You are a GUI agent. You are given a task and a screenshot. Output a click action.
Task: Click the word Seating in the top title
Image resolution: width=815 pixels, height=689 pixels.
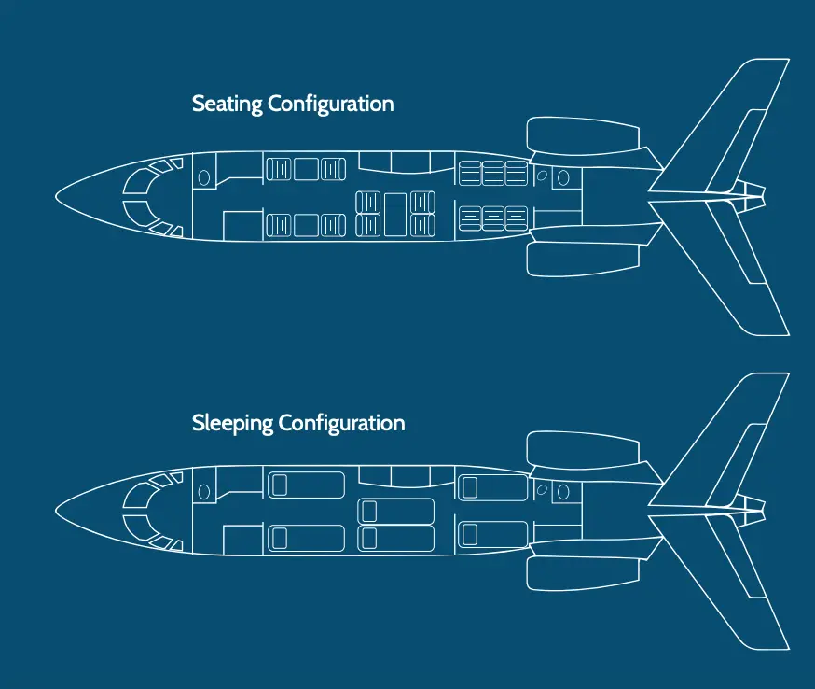(x=228, y=104)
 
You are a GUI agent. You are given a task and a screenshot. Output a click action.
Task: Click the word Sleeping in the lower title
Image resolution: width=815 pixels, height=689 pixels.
(x=232, y=424)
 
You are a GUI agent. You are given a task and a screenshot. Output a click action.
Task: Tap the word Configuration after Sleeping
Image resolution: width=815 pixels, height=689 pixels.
(x=342, y=424)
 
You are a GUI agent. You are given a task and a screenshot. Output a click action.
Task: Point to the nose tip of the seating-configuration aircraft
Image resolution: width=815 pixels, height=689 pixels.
(x=56, y=197)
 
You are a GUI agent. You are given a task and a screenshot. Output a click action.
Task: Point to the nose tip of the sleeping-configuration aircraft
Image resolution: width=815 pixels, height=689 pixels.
(x=56, y=511)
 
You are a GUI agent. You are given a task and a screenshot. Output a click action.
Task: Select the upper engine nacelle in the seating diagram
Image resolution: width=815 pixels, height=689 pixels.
(x=583, y=136)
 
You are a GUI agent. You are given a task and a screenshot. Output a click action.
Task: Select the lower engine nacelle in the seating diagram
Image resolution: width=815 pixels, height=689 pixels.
(x=583, y=258)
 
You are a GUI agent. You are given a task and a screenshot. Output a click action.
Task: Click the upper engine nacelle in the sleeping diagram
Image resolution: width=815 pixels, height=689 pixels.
(x=583, y=451)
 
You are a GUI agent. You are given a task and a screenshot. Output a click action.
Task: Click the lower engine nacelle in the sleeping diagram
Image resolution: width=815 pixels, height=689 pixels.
(x=583, y=571)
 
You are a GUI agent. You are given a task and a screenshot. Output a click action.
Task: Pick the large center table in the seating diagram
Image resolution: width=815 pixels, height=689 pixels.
(x=395, y=214)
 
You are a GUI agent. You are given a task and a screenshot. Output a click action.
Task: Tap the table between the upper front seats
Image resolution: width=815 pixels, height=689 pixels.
(x=306, y=169)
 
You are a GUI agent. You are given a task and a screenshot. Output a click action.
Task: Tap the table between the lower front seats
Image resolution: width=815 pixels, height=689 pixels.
(x=306, y=225)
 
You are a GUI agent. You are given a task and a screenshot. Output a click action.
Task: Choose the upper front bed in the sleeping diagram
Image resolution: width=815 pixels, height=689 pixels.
(x=306, y=485)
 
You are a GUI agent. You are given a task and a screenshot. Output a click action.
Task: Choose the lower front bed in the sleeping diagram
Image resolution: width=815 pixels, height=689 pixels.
(x=306, y=538)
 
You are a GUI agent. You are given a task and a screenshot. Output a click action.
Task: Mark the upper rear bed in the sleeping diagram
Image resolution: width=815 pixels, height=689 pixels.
(x=492, y=487)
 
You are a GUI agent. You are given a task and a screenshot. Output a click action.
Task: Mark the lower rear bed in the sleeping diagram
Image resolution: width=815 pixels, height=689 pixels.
(x=492, y=534)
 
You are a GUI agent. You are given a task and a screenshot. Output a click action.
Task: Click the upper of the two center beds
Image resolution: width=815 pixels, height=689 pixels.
(x=395, y=511)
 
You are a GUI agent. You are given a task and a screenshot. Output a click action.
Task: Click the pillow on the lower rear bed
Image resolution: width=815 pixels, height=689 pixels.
(x=470, y=534)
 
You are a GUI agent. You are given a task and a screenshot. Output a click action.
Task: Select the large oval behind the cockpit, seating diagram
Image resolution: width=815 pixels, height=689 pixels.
(x=203, y=178)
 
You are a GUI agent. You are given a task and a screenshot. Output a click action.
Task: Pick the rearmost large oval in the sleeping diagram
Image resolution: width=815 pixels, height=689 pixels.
(x=563, y=492)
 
